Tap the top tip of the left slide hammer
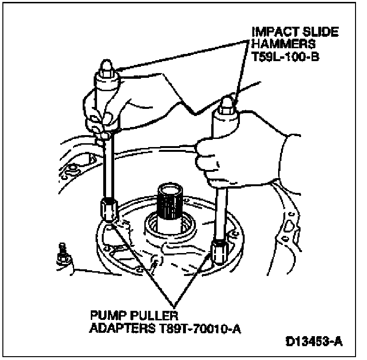tap(106, 65)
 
